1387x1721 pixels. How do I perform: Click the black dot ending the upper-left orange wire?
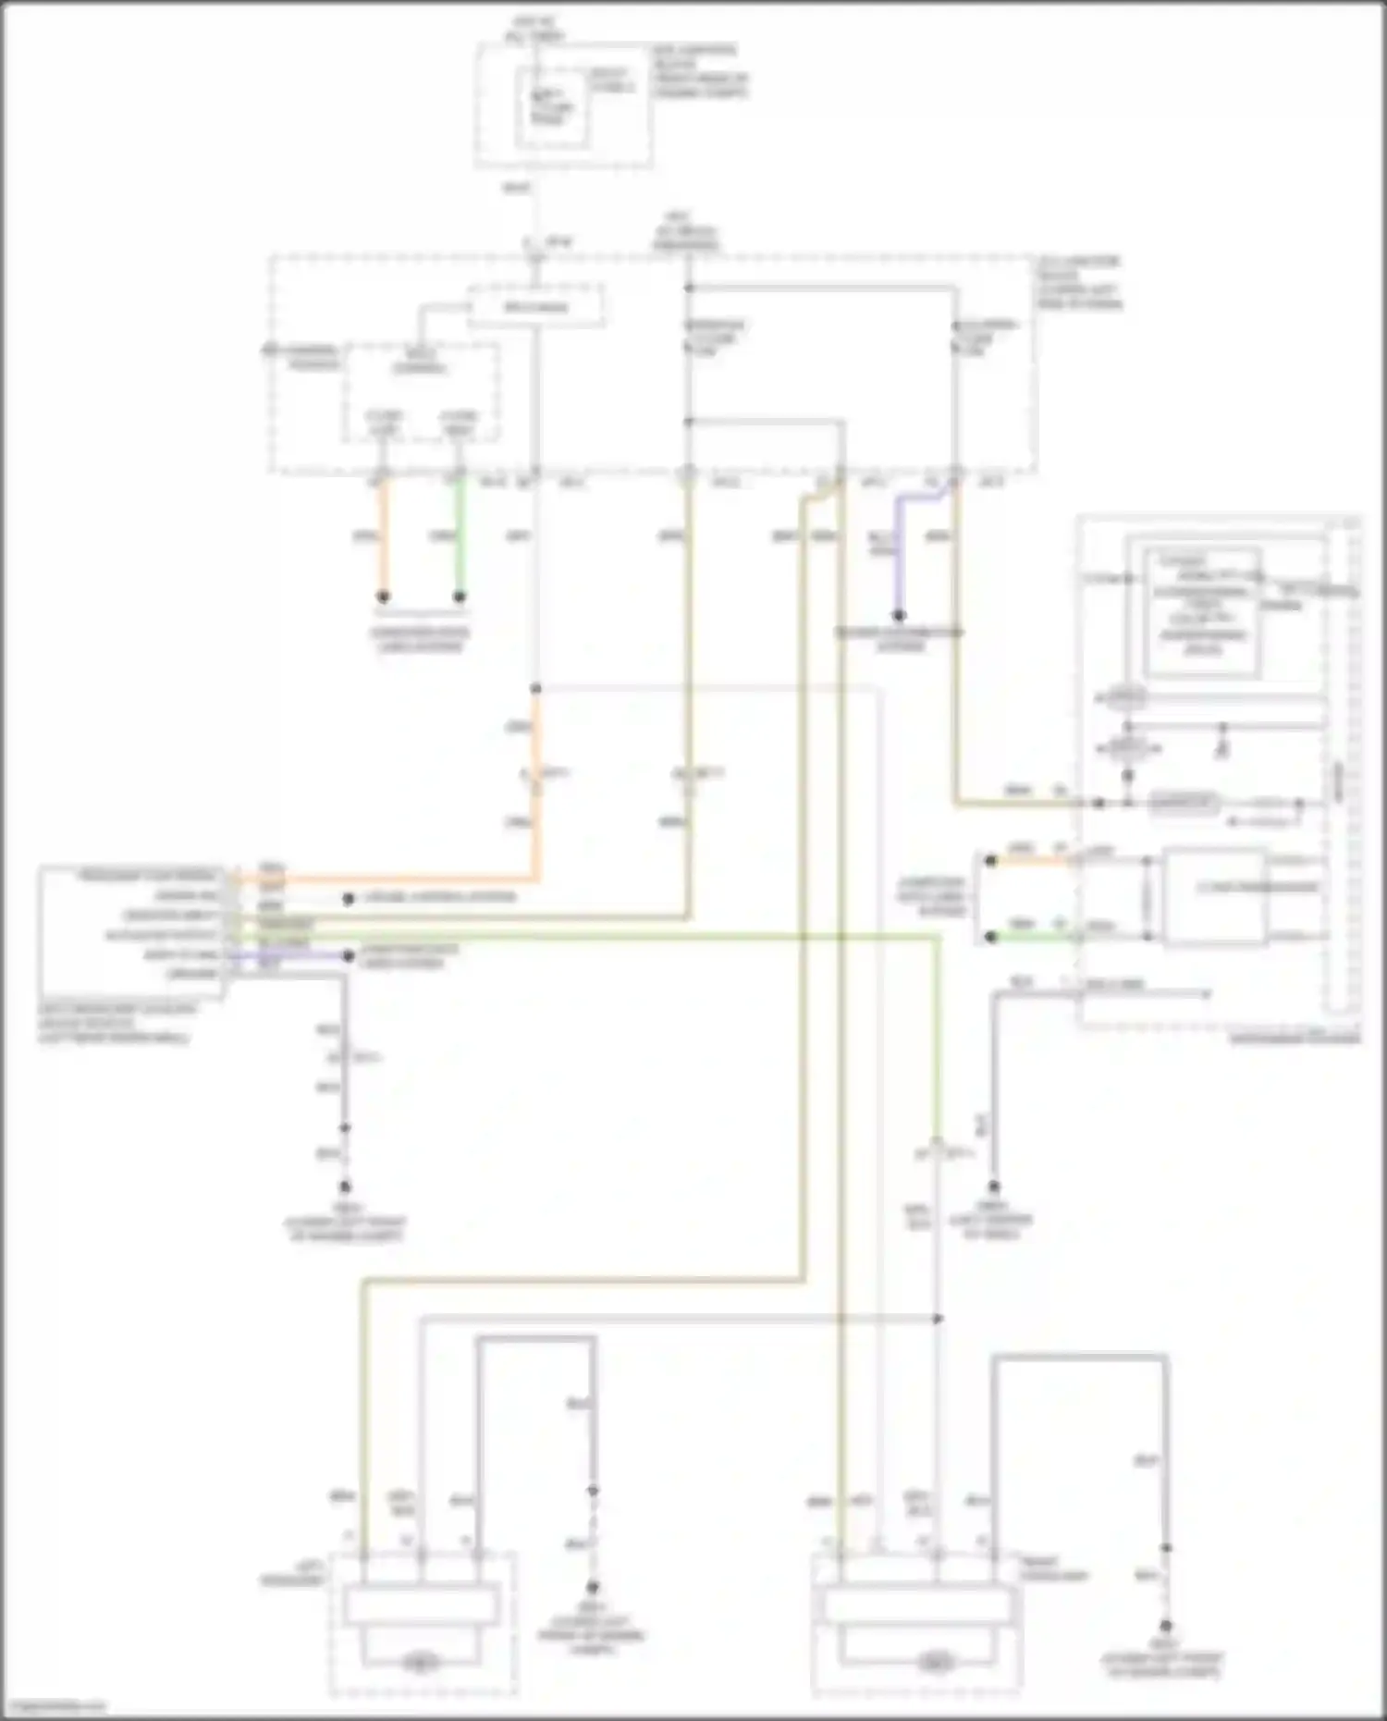tap(383, 597)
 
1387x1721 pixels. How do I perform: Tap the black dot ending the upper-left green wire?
tap(459, 597)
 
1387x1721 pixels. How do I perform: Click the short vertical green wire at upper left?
tap(459, 536)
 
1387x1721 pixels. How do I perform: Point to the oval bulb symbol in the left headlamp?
tap(421, 1664)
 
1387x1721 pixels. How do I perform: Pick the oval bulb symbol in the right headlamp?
tap(936, 1664)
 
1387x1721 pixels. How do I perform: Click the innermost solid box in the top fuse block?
tap(552, 109)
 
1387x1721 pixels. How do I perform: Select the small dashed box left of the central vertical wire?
tap(423, 393)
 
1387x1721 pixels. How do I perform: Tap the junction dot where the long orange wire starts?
tap(535, 689)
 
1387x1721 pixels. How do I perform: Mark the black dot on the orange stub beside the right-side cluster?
tap(990, 861)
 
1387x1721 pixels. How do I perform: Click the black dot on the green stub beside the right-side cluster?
tap(990, 937)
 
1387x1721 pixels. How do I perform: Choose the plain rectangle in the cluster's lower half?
tap(1214, 896)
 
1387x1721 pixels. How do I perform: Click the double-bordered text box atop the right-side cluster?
tap(1202, 612)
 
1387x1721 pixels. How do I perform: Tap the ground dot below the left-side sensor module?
tap(345, 1186)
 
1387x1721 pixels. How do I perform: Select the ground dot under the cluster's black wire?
tap(994, 1186)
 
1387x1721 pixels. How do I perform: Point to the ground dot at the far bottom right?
tap(1166, 1625)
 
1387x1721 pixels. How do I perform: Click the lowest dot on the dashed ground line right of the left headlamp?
tap(593, 1587)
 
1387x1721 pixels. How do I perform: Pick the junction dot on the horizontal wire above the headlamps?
tap(938, 1318)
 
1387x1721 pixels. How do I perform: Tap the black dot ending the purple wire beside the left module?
tap(349, 955)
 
